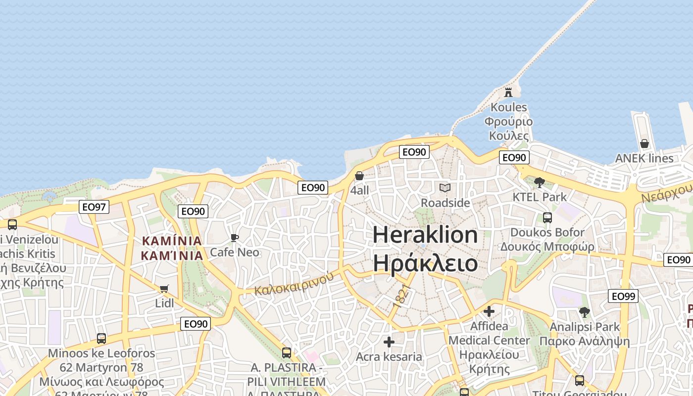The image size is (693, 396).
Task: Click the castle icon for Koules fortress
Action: [x=508, y=92]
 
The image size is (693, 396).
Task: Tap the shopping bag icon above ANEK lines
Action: [x=644, y=144]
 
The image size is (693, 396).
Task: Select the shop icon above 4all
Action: [x=359, y=176]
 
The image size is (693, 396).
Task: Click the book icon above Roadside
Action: [x=445, y=188]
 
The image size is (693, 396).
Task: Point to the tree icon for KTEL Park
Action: [x=540, y=182]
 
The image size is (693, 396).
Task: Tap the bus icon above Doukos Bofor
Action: [x=547, y=217]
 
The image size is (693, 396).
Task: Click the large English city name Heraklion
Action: [x=425, y=235]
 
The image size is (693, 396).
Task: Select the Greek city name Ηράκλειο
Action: [x=425, y=262]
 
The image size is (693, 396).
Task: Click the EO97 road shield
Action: [x=94, y=207]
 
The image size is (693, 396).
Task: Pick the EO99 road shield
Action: [x=623, y=297]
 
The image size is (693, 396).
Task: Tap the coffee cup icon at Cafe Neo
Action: [x=235, y=238]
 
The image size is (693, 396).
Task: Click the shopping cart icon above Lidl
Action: [x=164, y=289]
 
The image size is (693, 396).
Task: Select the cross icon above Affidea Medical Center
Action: [x=489, y=311]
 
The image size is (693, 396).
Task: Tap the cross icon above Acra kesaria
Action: [x=389, y=342]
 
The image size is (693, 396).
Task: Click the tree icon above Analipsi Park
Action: [x=585, y=312]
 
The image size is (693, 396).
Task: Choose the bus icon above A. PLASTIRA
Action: [x=287, y=353]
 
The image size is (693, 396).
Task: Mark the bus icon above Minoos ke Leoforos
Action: [x=101, y=339]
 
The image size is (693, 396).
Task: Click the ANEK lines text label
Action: [x=644, y=158]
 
